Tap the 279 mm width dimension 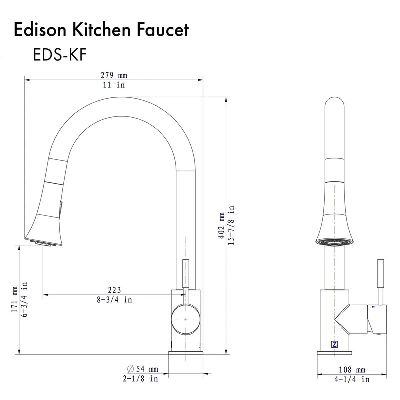point(114,75)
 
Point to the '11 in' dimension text point(114,85)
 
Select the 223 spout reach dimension point(114,290)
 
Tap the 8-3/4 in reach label point(114,300)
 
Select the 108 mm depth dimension point(352,370)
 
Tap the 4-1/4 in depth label point(352,380)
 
